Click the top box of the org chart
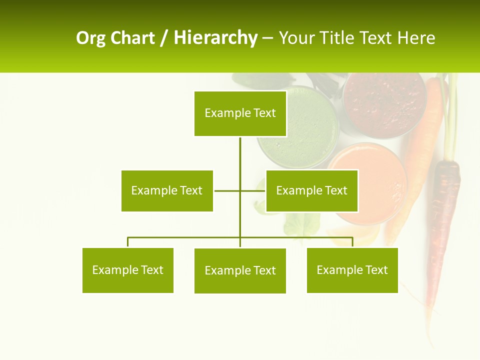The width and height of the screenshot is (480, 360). point(240,113)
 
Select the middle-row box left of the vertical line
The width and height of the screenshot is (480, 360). point(167,190)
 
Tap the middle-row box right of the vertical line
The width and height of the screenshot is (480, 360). point(311,190)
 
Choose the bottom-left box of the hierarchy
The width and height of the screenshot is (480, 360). point(127,270)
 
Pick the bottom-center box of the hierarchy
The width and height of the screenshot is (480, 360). point(240,270)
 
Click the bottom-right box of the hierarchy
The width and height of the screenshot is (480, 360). point(352,270)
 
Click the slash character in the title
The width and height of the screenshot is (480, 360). point(164,38)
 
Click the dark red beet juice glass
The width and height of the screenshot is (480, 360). point(384,100)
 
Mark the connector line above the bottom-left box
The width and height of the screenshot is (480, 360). point(128,242)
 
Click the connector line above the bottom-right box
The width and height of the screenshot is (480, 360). point(352,242)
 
